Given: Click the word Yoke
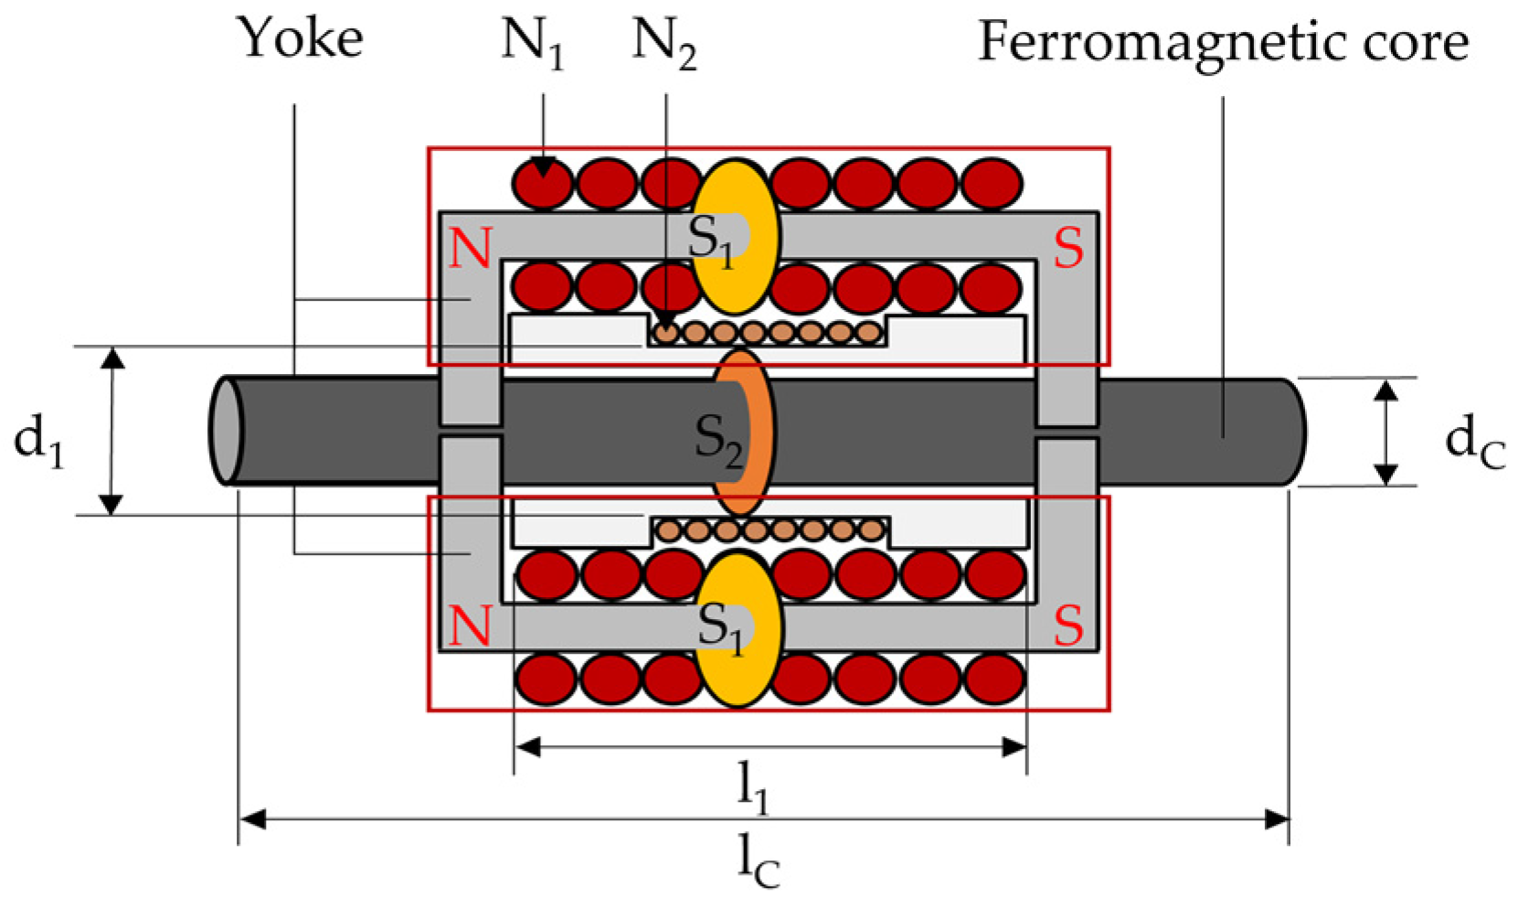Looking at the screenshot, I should click(x=301, y=38).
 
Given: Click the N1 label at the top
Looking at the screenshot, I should click(x=533, y=44).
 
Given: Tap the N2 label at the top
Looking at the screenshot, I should click(x=664, y=44).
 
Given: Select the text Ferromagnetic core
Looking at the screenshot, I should click(x=1223, y=43).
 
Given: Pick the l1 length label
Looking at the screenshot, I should click(x=753, y=787).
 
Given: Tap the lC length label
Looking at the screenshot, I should click(x=759, y=861).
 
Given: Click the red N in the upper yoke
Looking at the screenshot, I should click(x=471, y=248).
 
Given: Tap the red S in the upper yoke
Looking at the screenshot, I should click(x=1068, y=248).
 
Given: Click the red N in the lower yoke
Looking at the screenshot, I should click(x=471, y=625).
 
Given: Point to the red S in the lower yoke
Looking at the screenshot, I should click(x=1068, y=626).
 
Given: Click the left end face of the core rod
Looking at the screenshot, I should click(x=226, y=431).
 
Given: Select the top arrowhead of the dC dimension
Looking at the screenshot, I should click(x=1385, y=391).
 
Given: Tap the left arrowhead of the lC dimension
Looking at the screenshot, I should click(x=252, y=818).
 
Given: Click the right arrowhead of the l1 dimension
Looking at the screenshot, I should click(x=1014, y=747).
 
